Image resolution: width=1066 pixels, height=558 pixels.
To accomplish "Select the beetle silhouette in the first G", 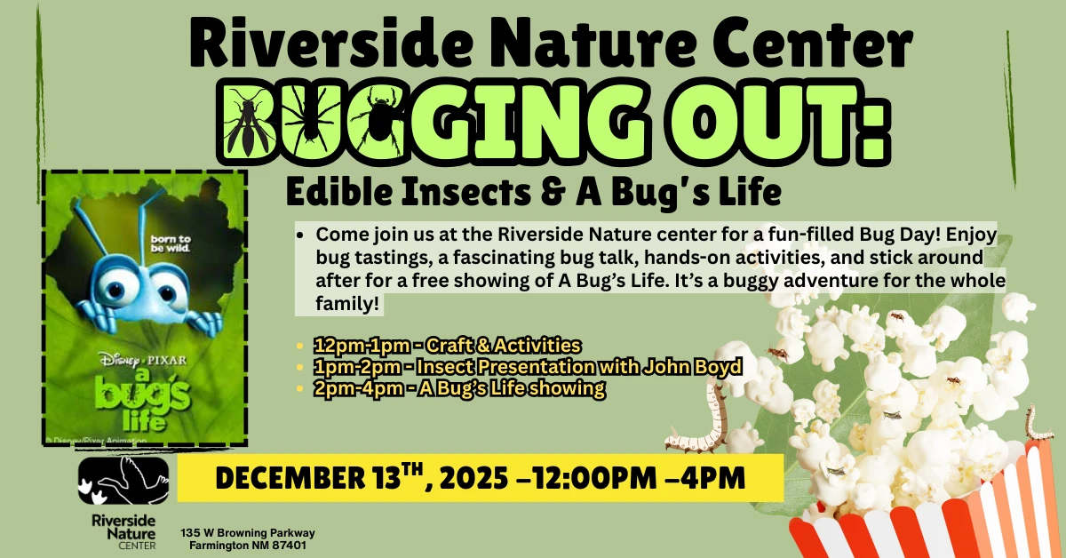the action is click(378, 119).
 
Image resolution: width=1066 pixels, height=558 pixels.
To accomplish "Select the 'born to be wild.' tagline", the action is click(171, 243).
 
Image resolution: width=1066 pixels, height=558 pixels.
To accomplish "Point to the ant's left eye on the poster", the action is click(115, 287).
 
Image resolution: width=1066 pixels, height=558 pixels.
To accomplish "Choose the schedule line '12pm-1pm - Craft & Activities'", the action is click(447, 345).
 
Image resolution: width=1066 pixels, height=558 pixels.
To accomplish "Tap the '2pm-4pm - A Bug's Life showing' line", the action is click(459, 388).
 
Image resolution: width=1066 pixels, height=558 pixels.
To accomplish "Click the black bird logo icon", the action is click(123, 481).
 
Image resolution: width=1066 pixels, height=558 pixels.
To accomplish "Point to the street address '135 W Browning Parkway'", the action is click(248, 533).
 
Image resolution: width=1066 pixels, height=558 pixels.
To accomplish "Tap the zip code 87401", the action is click(290, 546).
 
